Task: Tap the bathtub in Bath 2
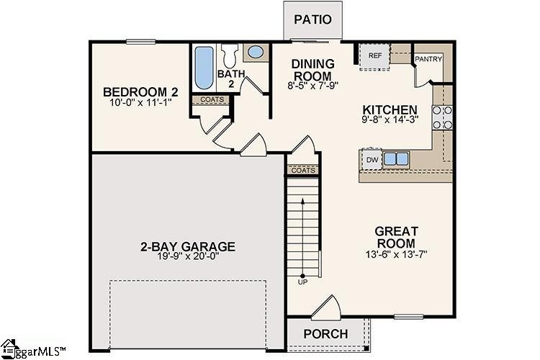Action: click(203, 68)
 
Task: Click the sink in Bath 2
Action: click(254, 53)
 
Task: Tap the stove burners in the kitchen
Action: click(441, 117)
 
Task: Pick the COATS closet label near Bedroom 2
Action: click(212, 99)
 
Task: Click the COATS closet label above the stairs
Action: click(302, 170)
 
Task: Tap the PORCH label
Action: click(325, 334)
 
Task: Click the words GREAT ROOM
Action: click(395, 237)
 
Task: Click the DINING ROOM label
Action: click(312, 70)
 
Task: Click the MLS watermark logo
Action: click(33, 351)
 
